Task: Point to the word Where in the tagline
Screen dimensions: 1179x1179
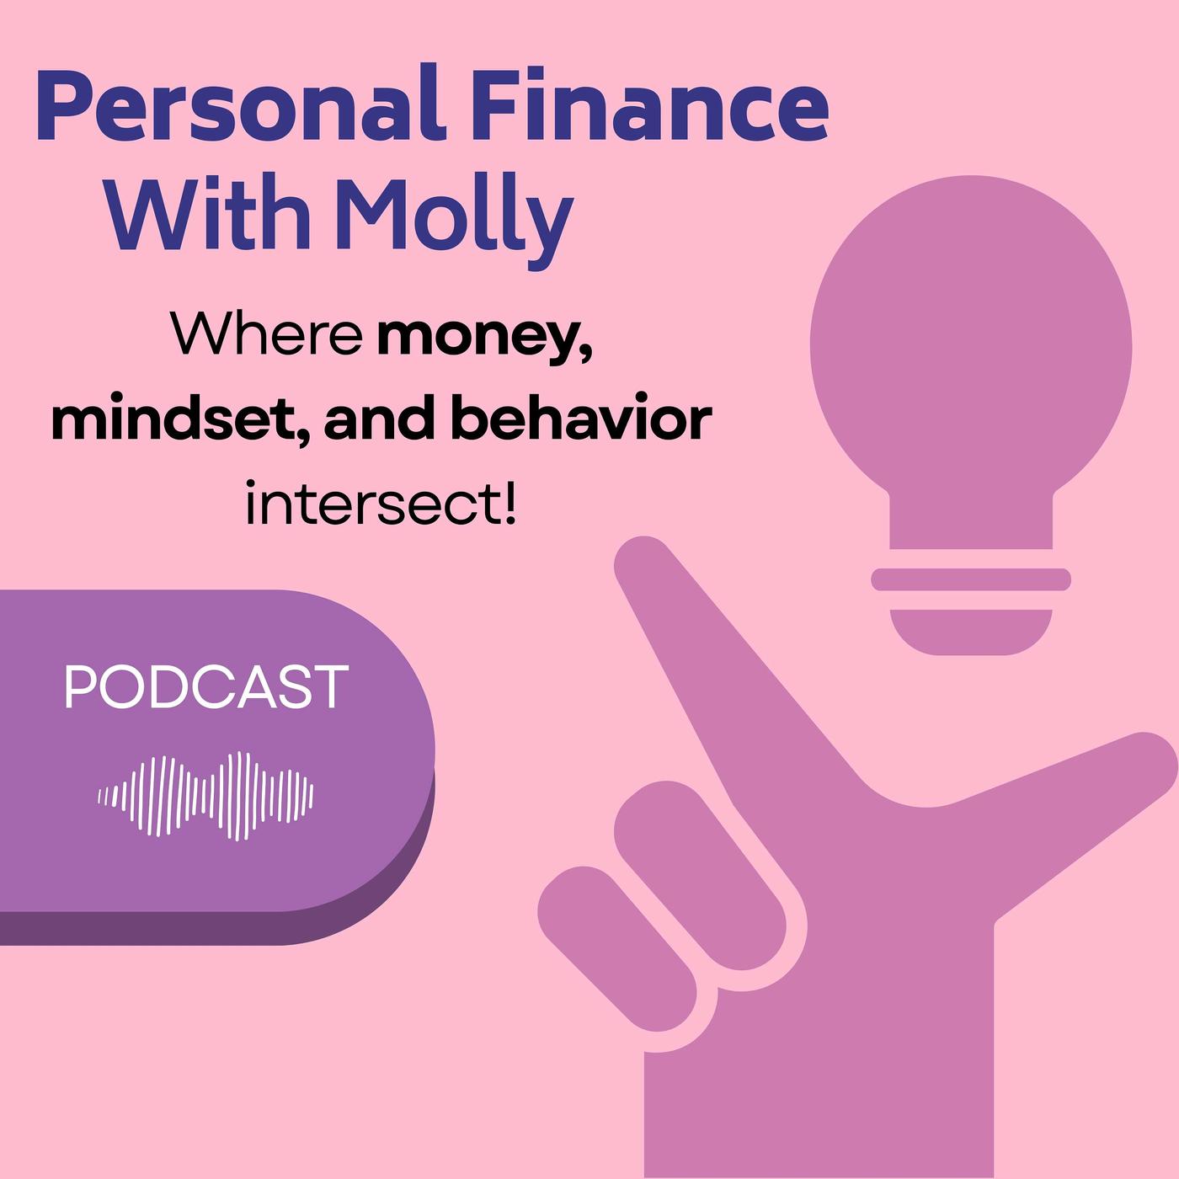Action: pos(267,334)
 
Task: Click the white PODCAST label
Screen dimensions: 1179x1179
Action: pos(206,687)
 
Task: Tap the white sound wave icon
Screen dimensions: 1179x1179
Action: pos(205,795)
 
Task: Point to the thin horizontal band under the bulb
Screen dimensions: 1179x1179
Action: pos(970,579)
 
